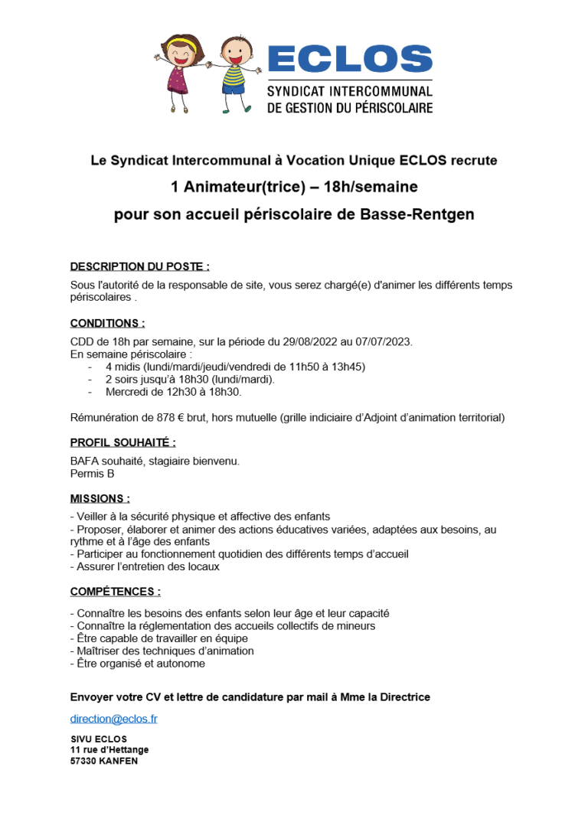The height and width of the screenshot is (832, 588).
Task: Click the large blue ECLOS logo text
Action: pos(350,60)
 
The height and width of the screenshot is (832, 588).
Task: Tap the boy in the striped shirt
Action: pos(234,73)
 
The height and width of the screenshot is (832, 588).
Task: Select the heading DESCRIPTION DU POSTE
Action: pos(139,266)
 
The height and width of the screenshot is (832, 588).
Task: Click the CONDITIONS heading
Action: pos(107,323)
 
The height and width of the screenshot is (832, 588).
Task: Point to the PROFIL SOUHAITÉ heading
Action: pos(122,442)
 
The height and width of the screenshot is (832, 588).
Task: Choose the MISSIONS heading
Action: pos(100,498)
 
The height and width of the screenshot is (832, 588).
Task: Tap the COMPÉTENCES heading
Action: pos(116,592)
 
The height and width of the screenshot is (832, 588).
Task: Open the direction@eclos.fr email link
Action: pos(114,719)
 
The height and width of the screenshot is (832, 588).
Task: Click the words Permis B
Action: pos(92,474)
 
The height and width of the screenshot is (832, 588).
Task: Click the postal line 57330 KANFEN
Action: pos(104,762)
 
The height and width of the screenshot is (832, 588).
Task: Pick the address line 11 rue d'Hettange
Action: pos(109,750)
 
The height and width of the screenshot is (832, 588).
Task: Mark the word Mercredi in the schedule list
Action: pos(127,392)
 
